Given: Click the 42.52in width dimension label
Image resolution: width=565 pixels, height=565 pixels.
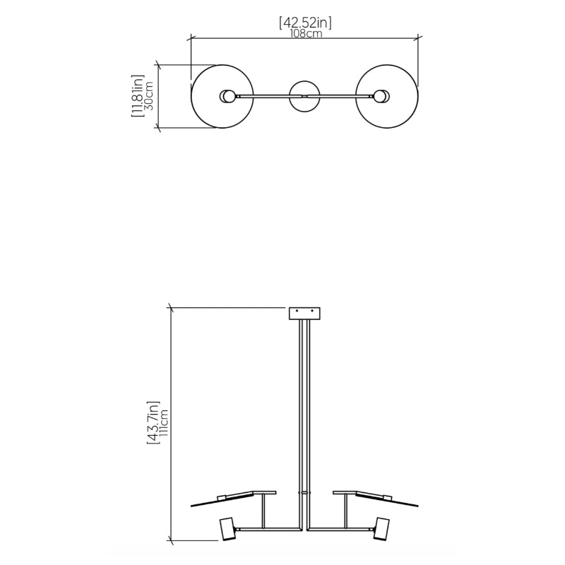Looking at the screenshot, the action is click(305, 23).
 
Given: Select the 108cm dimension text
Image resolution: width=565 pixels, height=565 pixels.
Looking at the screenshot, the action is click(306, 33).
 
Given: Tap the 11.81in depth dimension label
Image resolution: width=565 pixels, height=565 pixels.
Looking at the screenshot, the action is click(137, 96).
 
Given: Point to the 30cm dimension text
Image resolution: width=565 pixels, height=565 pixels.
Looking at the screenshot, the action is click(149, 96).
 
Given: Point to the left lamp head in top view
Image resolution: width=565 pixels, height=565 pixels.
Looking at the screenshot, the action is click(227, 96).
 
